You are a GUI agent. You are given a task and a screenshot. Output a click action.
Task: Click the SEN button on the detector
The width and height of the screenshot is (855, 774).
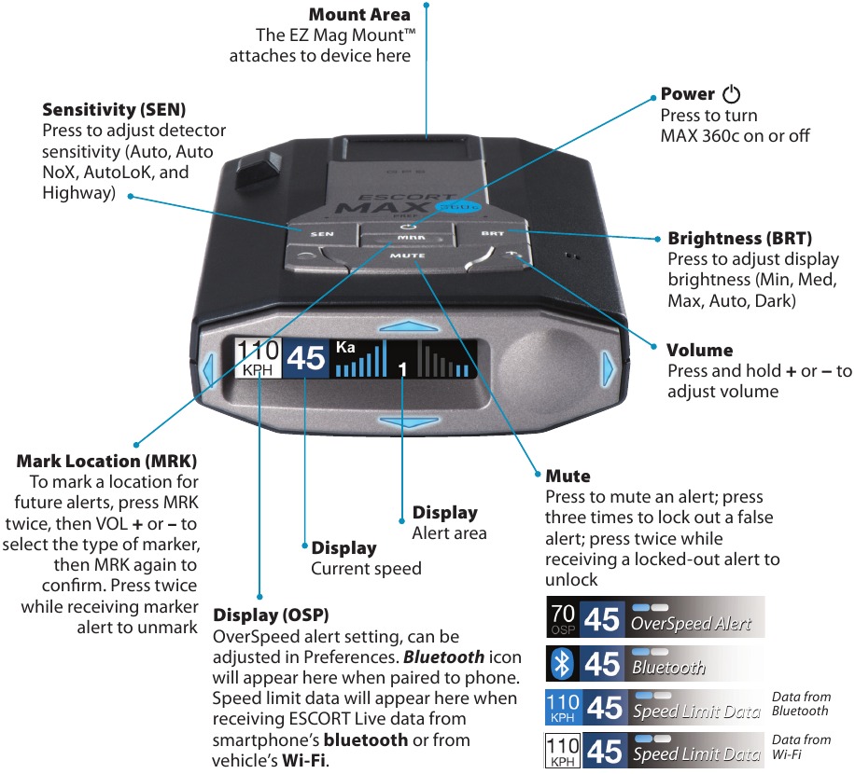point(321,234)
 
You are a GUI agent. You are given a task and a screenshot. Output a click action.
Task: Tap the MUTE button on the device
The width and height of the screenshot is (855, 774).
point(408,256)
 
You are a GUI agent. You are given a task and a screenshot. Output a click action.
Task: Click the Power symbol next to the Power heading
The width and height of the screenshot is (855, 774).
point(732,94)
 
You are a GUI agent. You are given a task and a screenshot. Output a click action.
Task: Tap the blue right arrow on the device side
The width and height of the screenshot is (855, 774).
point(609,369)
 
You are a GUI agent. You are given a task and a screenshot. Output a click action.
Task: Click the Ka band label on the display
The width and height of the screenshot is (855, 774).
point(345,348)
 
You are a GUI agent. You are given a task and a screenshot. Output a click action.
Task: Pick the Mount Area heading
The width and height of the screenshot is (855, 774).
point(360,15)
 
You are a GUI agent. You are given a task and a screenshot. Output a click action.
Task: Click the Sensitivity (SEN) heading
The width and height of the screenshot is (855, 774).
point(114,109)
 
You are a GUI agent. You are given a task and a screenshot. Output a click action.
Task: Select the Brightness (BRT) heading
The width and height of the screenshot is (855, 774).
point(739,238)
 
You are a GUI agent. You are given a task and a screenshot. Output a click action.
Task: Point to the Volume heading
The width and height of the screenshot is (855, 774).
point(699,350)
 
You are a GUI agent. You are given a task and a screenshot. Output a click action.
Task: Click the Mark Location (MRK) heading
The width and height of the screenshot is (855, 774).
point(106,462)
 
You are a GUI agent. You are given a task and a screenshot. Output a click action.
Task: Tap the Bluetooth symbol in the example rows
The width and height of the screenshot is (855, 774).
point(562,664)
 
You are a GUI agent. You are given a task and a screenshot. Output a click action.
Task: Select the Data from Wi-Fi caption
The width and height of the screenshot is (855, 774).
point(801,747)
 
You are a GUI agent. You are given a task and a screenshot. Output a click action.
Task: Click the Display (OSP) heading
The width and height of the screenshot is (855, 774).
point(271,615)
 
